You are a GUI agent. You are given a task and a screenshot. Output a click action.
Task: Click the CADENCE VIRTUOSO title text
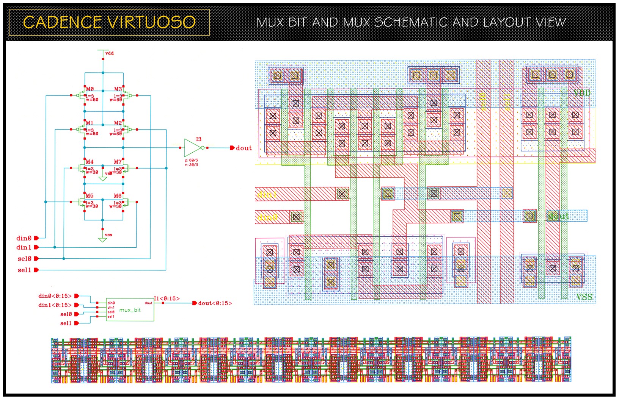coord(109,22)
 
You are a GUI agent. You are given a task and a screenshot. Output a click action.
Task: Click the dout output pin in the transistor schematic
coord(232,148)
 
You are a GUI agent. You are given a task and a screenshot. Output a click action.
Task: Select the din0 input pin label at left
coord(24,238)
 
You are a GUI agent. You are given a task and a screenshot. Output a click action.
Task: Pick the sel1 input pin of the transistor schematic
coord(36,270)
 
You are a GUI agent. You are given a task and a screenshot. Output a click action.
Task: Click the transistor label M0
coord(90,89)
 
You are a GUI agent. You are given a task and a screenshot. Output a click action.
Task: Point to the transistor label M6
coord(118,196)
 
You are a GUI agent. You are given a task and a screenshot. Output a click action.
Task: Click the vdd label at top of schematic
coord(109,53)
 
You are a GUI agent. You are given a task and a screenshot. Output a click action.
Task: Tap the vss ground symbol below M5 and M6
coord(102,240)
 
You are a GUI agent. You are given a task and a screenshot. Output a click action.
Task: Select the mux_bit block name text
coord(130,310)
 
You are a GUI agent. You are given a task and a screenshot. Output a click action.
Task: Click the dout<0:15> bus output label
coord(215,303)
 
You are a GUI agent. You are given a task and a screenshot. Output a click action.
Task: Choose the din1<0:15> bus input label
coord(55,305)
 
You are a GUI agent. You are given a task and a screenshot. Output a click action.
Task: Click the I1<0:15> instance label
coord(167,298)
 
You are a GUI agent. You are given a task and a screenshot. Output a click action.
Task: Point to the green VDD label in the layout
coord(581,93)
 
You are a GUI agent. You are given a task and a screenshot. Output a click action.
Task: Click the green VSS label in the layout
coord(584,297)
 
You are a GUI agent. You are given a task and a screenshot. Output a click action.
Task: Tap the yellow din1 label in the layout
coord(267,195)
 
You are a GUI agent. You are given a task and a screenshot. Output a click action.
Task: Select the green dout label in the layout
coord(558,216)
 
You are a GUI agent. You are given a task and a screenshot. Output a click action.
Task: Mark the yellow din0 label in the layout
coord(267,217)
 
